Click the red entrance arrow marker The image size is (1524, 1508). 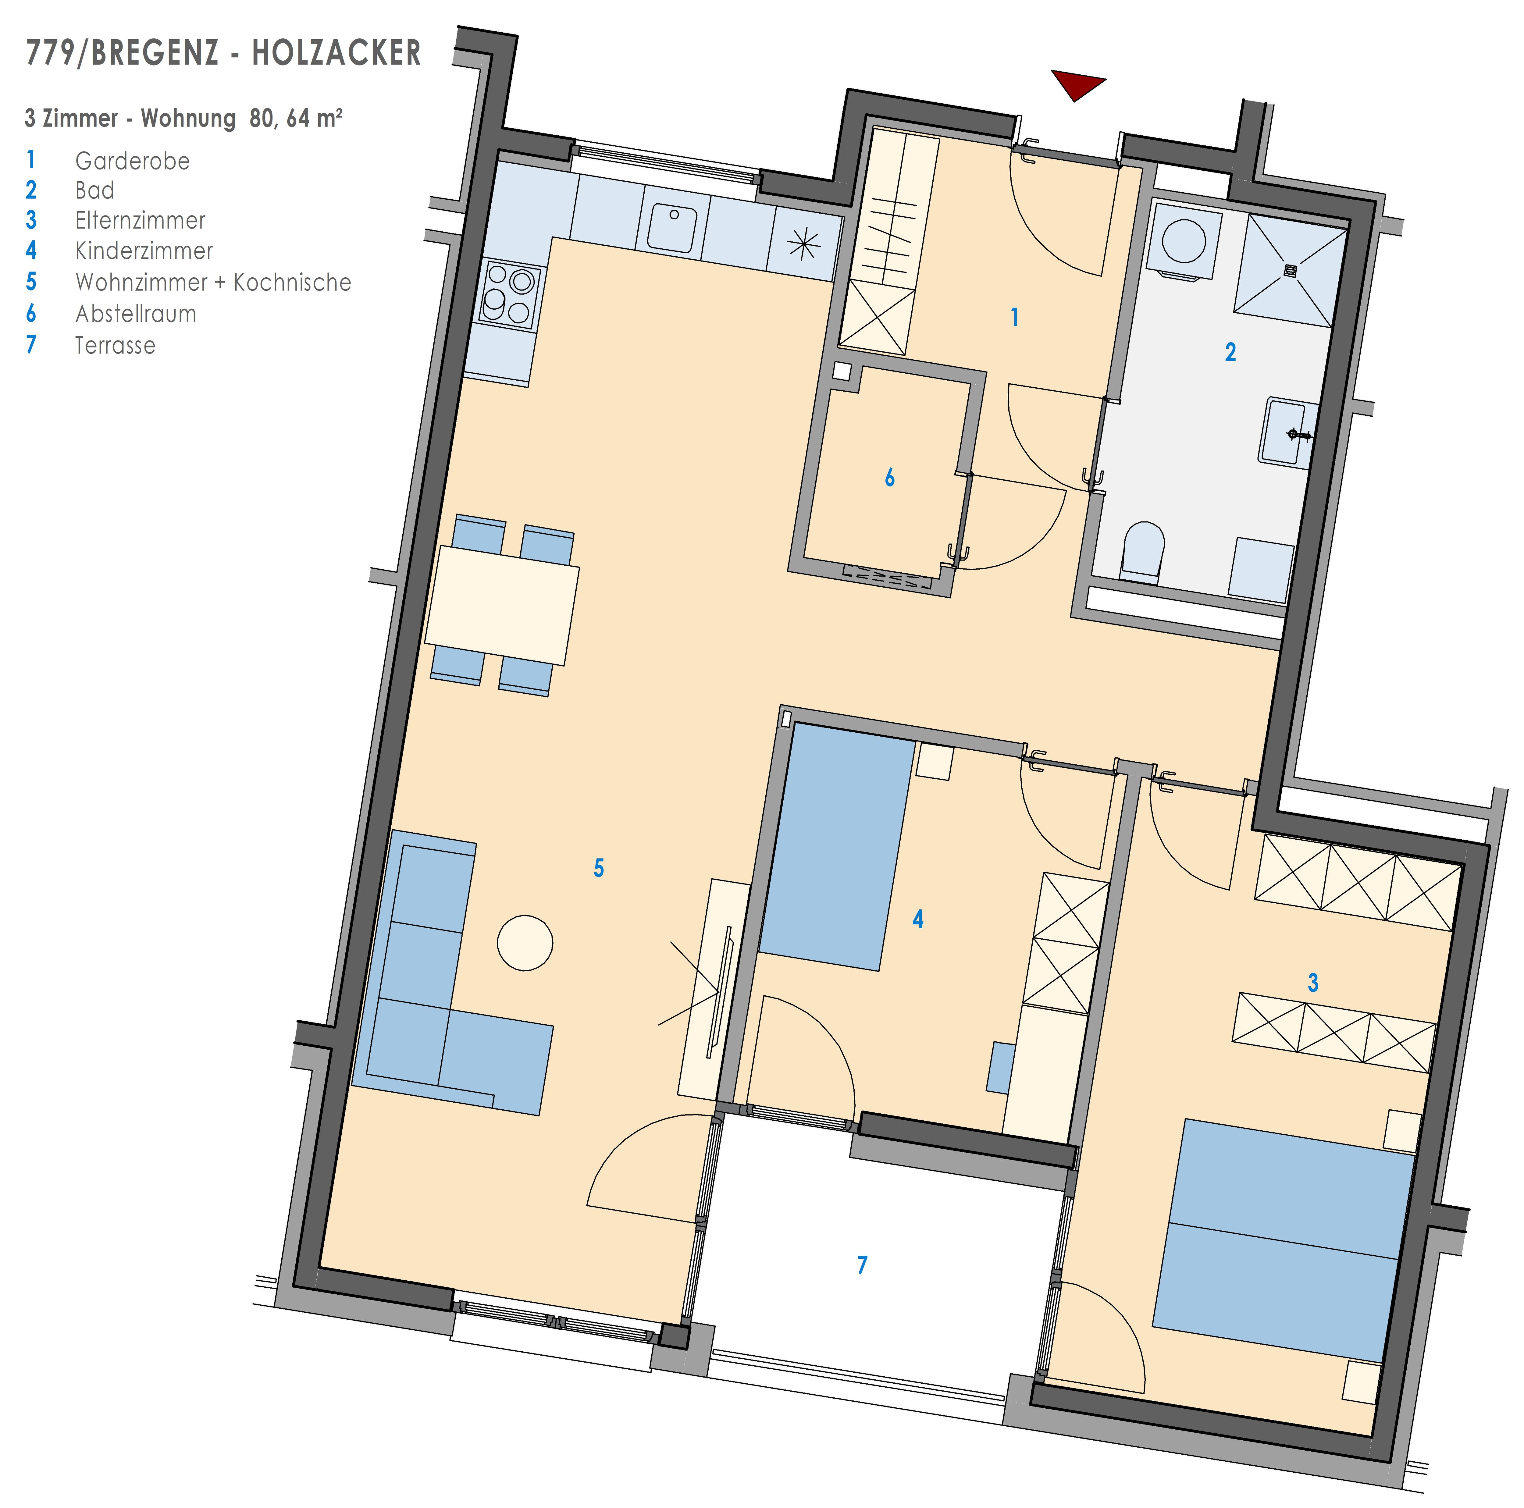click(1077, 84)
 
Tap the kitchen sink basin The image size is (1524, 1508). click(672, 229)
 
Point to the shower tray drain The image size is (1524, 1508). click(1291, 271)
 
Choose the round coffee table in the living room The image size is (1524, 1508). click(525, 942)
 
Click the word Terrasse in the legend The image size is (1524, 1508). click(115, 345)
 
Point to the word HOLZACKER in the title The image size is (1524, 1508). click(337, 53)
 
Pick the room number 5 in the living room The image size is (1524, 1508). click(599, 868)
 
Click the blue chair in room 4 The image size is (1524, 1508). click(1000, 1068)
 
